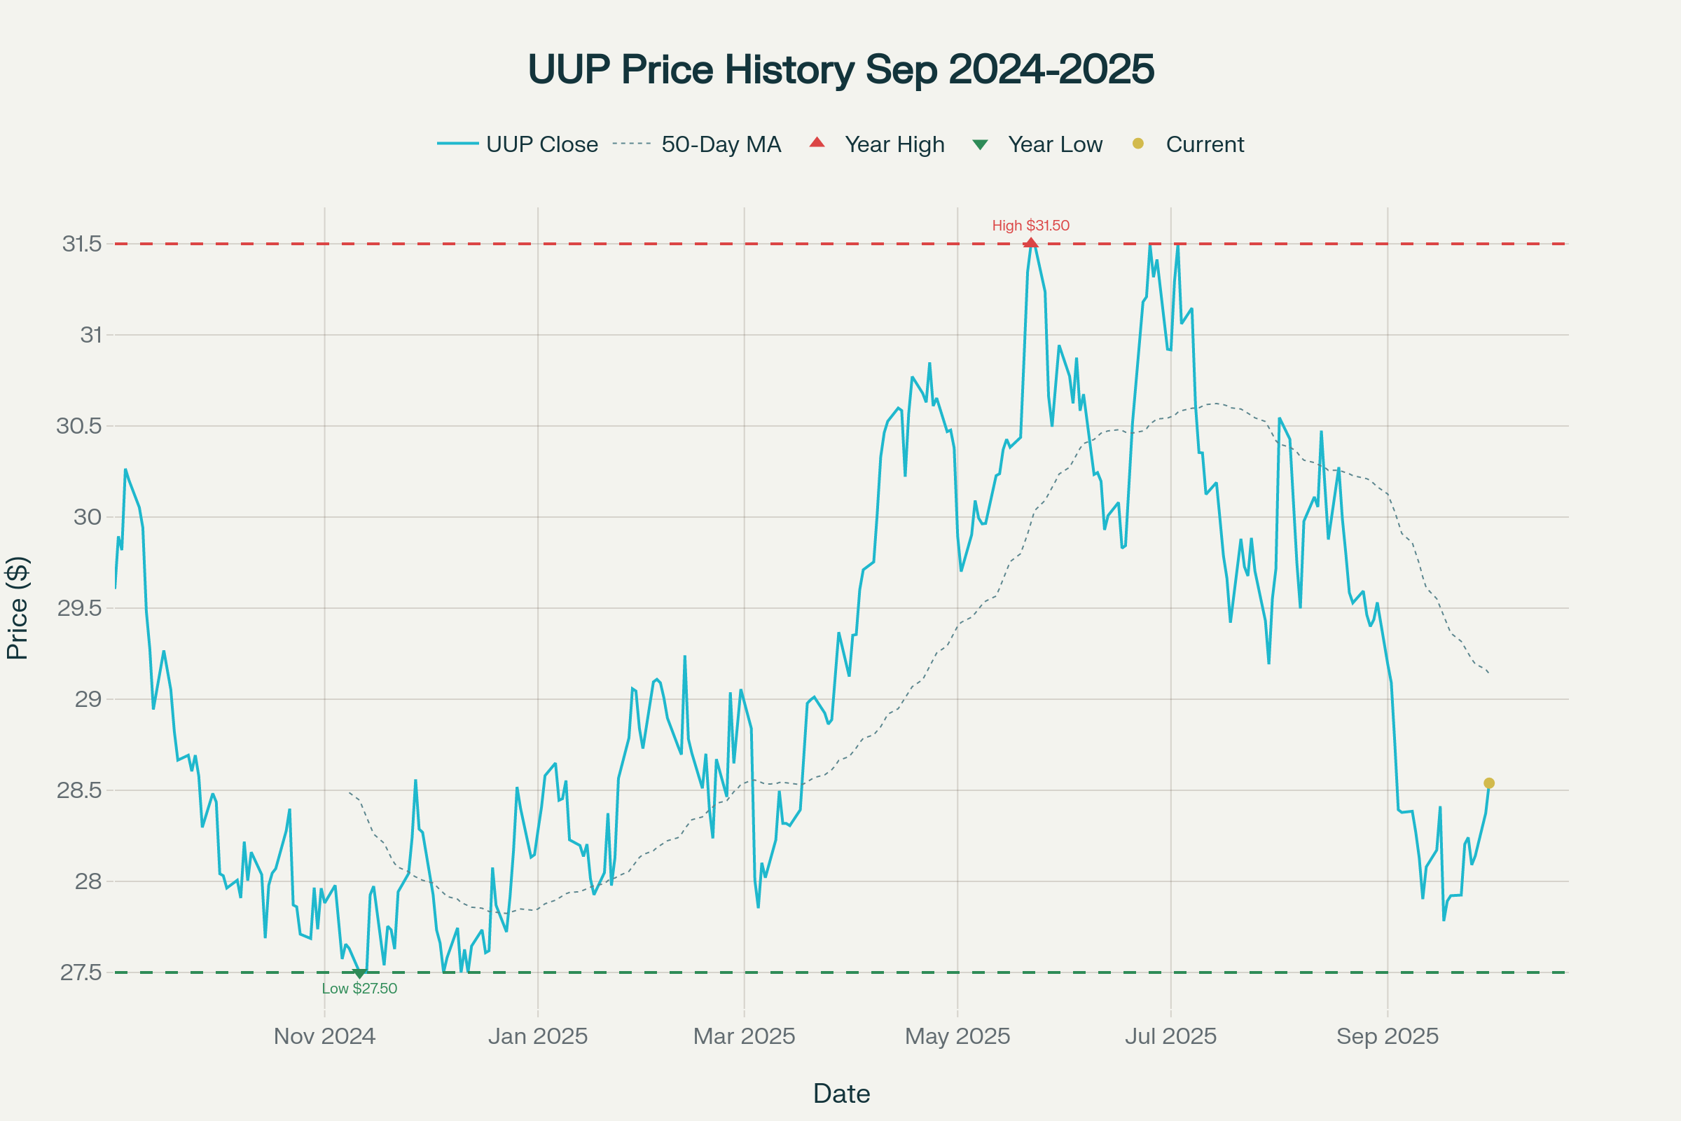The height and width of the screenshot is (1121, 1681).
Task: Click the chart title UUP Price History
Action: [840, 69]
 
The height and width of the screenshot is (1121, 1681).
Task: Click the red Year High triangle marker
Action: [1030, 243]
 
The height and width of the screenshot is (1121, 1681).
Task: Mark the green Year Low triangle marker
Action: [359, 973]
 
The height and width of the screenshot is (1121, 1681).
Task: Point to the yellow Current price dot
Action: [1489, 783]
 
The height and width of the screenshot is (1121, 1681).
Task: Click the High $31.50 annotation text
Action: [1030, 225]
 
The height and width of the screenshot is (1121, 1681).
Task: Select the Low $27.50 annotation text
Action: [359, 989]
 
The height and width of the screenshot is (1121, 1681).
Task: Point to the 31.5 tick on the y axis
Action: [81, 244]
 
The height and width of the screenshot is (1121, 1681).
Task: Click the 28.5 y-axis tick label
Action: [78, 790]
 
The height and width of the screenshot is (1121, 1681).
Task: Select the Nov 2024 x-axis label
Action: [324, 1036]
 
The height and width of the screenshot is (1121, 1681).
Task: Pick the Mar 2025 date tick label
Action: [744, 1036]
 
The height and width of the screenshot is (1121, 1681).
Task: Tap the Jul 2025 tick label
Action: [1170, 1036]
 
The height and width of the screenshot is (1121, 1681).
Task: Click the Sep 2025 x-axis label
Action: [1388, 1036]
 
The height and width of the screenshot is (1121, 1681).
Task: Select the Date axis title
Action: [841, 1094]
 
